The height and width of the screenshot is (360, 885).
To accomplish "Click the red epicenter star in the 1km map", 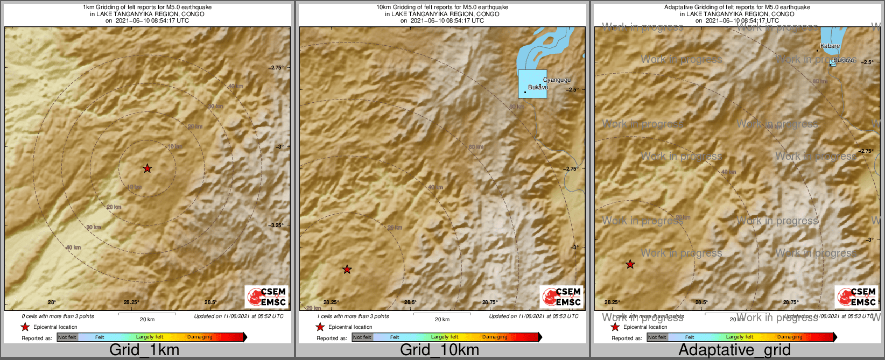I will tap(147, 168).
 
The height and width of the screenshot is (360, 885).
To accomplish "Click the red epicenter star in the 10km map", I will tap(347, 269).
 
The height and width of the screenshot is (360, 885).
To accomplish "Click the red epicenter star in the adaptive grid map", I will tap(630, 264).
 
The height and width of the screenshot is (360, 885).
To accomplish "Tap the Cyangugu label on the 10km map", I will tap(557, 80).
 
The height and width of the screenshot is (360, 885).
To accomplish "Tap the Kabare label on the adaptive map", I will tap(830, 46).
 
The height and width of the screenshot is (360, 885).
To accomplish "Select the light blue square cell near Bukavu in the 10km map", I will tap(532, 84).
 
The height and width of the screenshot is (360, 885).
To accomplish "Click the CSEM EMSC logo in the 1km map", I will tap(266, 297).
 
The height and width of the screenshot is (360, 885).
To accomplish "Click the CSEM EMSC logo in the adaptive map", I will tap(856, 297).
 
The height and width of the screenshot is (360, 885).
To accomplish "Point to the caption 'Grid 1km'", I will tap(144, 350).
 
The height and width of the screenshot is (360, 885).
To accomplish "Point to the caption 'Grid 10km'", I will tap(439, 350).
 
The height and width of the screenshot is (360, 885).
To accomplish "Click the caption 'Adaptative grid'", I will tap(734, 350).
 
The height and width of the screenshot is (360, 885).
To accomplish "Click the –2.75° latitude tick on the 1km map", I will tap(276, 67).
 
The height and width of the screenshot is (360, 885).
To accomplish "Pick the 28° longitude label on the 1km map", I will tap(52, 302).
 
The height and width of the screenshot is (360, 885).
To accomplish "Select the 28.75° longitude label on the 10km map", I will tap(490, 302).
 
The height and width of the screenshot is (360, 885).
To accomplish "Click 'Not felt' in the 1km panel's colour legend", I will tap(67, 337).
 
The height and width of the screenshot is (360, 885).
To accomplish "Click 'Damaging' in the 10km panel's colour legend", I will tap(494, 337).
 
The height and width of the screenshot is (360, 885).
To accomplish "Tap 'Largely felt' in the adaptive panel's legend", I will tap(739, 337).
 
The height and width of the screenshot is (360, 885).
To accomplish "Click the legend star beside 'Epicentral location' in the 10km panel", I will tap(320, 327).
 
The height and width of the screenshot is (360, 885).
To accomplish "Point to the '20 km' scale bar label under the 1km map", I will tap(147, 319).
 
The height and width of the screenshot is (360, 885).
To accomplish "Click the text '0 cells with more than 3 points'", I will tap(58, 316).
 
